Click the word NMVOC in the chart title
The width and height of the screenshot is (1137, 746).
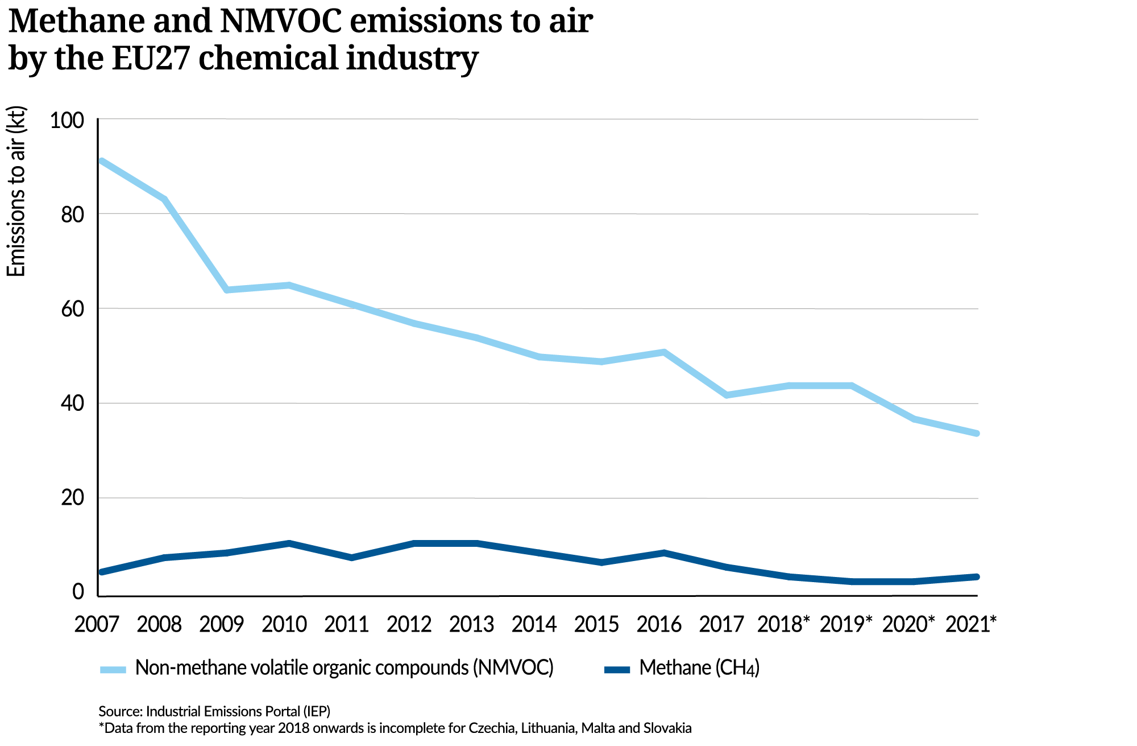pyautogui.click(x=281, y=22)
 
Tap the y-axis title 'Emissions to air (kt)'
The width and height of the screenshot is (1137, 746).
pyautogui.click(x=16, y=192)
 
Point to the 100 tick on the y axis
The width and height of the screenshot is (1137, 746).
pyautogui.click(x=67, y=120)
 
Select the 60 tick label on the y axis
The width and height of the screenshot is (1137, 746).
pyautogui.click(x=72, y=309)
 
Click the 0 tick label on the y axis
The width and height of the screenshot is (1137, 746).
pyautogui.click(x=78, y=592)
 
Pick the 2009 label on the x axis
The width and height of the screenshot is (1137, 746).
pyautogui.click(x=221, y=624)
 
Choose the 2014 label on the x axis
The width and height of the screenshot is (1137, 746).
pyautogui.click(x=534, y=624)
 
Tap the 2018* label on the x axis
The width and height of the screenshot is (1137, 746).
pyautogui.click(x=783, y=624)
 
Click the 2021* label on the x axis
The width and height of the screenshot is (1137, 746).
pyautogui.click(x=971, y=624)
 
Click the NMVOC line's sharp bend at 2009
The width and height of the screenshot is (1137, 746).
pyautogui.click(x=227, y=290)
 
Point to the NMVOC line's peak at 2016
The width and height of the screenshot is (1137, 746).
pyautogui.click(x=664, y=352)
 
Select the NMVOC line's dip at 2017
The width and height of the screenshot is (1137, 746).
pyautogui.click(x=727, y=395)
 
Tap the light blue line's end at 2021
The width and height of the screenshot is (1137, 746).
pyautogui.click(x=976, y=433)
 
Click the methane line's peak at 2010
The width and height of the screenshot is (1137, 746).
pyautogui.click(x=289, y=543)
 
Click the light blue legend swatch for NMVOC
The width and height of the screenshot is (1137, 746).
pyautogui.click(x=113, y=669)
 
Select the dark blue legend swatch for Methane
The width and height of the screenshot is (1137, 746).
pyautogui.click(x=617, y=669)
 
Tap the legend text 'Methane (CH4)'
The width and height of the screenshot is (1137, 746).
pyautogui.click(x=699, y=668)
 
